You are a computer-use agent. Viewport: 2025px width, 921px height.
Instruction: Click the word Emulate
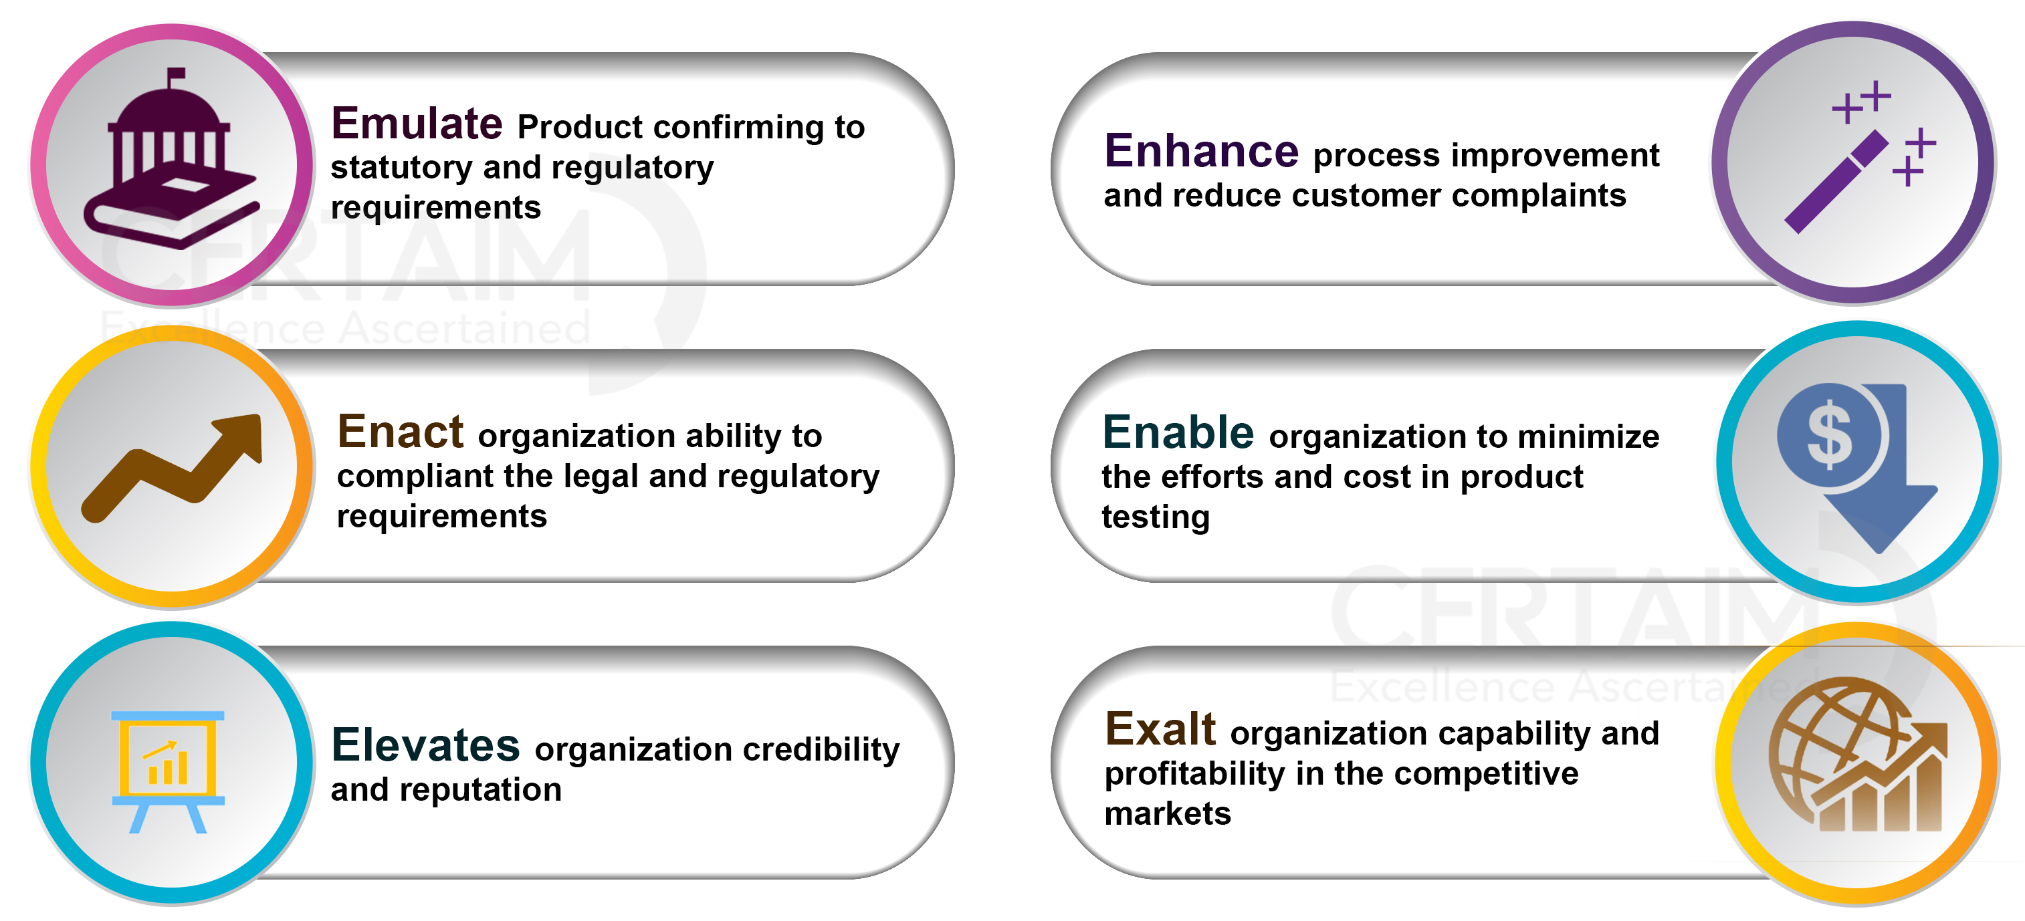click(x=417, y=124)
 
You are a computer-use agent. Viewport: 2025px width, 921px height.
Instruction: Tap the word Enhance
click(x=1201, y=151)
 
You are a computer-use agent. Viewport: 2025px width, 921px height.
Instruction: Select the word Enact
click(x=400, y=432)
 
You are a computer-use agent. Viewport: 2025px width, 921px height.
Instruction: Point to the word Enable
click(x=1178, y=432)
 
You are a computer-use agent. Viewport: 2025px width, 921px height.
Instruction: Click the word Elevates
click(x=425, y=745)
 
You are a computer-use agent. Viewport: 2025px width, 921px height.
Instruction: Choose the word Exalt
click(x=1160, y=729)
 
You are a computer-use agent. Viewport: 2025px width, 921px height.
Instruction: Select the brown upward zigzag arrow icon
click(x=172, y=469)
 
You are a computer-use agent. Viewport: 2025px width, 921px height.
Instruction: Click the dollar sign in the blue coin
click(x=1829, y=434)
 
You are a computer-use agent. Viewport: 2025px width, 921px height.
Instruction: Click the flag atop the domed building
click(x=176, y=74)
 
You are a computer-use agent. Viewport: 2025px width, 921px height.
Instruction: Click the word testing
click(x=1156, y=518)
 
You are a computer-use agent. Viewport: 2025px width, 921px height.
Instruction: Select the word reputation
click(x=480, y=790)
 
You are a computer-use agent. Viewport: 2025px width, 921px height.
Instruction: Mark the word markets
click(x=1168, y=814)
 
